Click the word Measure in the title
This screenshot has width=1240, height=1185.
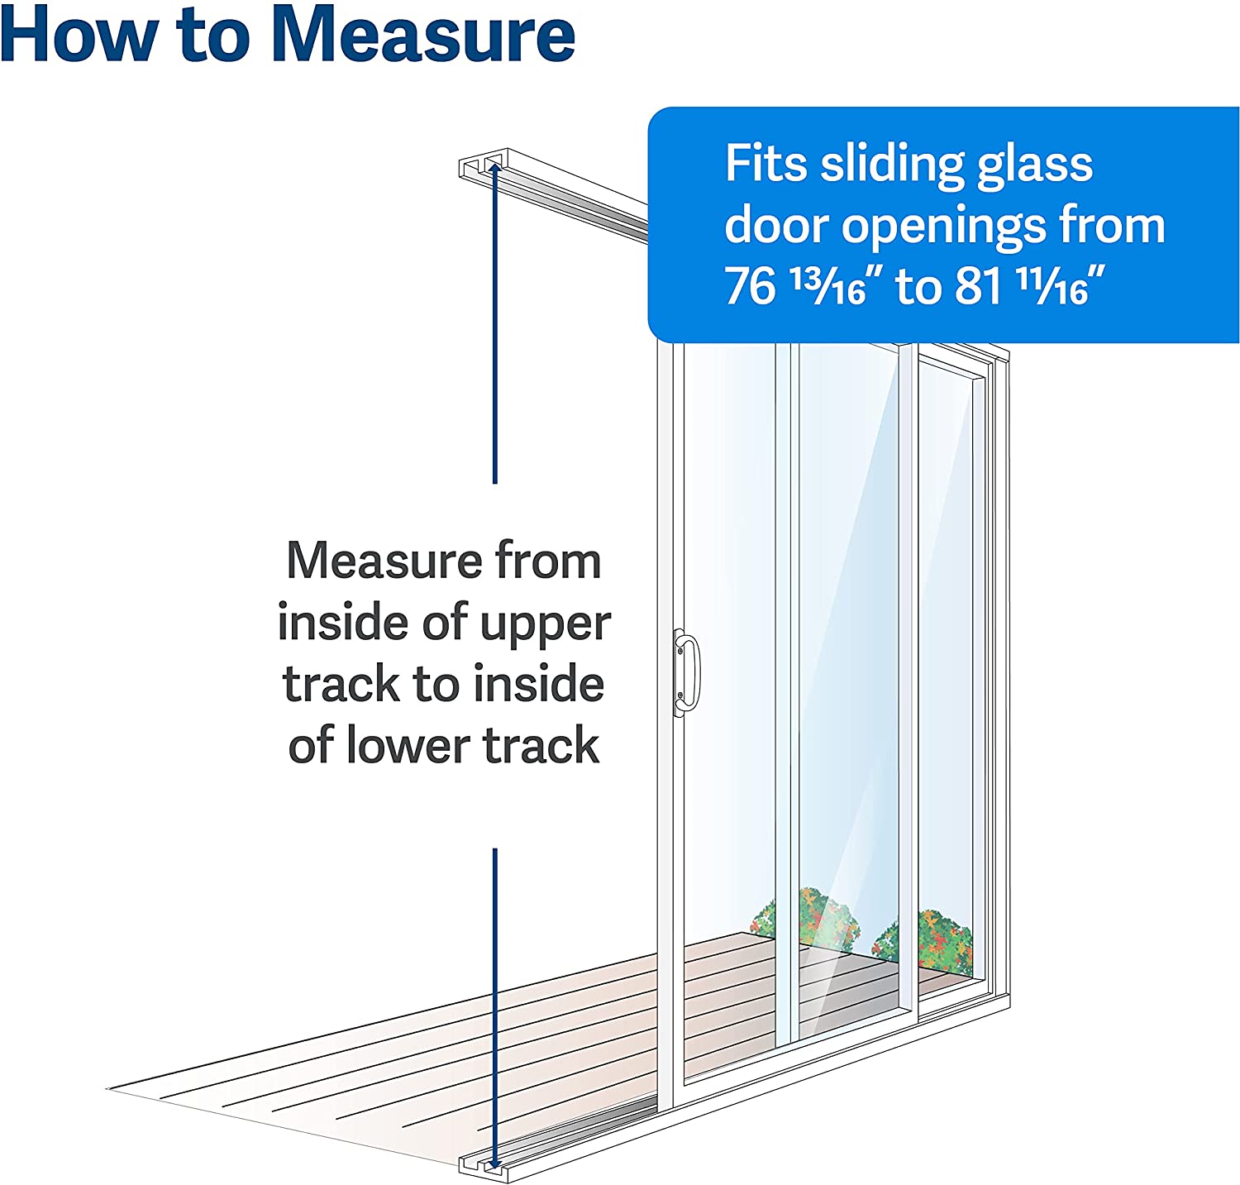[x=423, y=35]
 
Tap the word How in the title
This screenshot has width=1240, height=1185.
[x=79, y=35]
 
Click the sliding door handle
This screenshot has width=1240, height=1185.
[x=686, y=671]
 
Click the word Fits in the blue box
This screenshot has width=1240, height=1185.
[x=765, y=163]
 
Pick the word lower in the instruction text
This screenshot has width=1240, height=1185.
[x=408, y=745]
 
